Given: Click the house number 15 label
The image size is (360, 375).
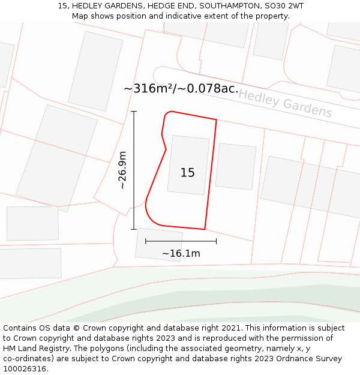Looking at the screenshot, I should pos(188,173).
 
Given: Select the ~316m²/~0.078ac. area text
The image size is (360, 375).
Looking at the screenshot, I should pos(181,89).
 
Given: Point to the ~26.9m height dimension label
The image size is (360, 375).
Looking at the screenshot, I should pos(122,170).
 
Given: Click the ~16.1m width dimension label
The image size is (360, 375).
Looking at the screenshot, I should pos(181,254).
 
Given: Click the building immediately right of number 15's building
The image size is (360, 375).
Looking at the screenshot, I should pos(236,166).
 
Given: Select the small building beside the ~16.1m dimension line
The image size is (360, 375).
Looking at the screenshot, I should pos(159,245).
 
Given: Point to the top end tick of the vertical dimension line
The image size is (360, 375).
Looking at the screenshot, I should pos(133,112).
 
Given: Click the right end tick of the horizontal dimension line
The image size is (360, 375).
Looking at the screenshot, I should pos(216,241).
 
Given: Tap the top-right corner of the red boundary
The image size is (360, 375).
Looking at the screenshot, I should pos(216,120).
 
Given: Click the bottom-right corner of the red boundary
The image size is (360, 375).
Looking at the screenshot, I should pos(205,229).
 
